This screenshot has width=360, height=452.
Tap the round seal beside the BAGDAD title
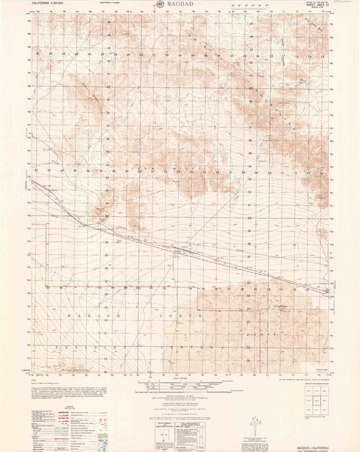[159, 5]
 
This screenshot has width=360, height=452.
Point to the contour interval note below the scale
[180, 399]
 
